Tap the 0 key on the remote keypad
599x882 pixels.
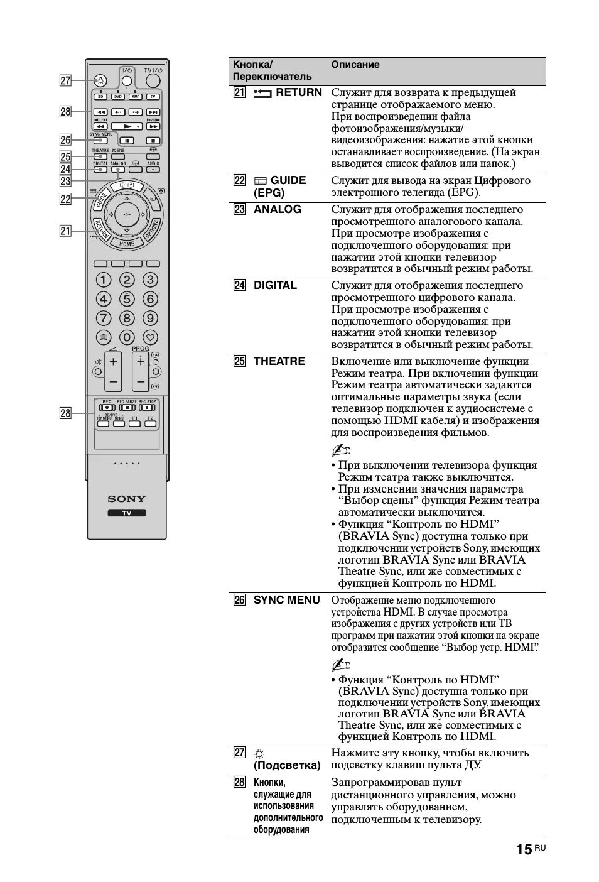[x=127, y=337]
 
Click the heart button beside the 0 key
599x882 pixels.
[x=150, y=337]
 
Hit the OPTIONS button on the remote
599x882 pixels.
[x=153, y=229]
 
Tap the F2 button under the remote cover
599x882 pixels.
[x=149, y=423]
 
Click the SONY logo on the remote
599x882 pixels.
[x=127, y=499]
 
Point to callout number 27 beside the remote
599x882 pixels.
[x=65, y=80]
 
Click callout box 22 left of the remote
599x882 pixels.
[x=65, y=199]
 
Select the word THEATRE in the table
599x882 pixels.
[x=279, y=361]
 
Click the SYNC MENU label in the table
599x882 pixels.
[x=286, y=600]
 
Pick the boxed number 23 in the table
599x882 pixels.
[x=239, y=209]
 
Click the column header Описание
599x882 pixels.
[x=355, y=64]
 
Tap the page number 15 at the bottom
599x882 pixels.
[x=523, y=849]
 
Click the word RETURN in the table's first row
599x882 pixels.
[x=298, y=92]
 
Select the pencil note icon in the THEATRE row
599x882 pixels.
[x=340, y=450]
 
